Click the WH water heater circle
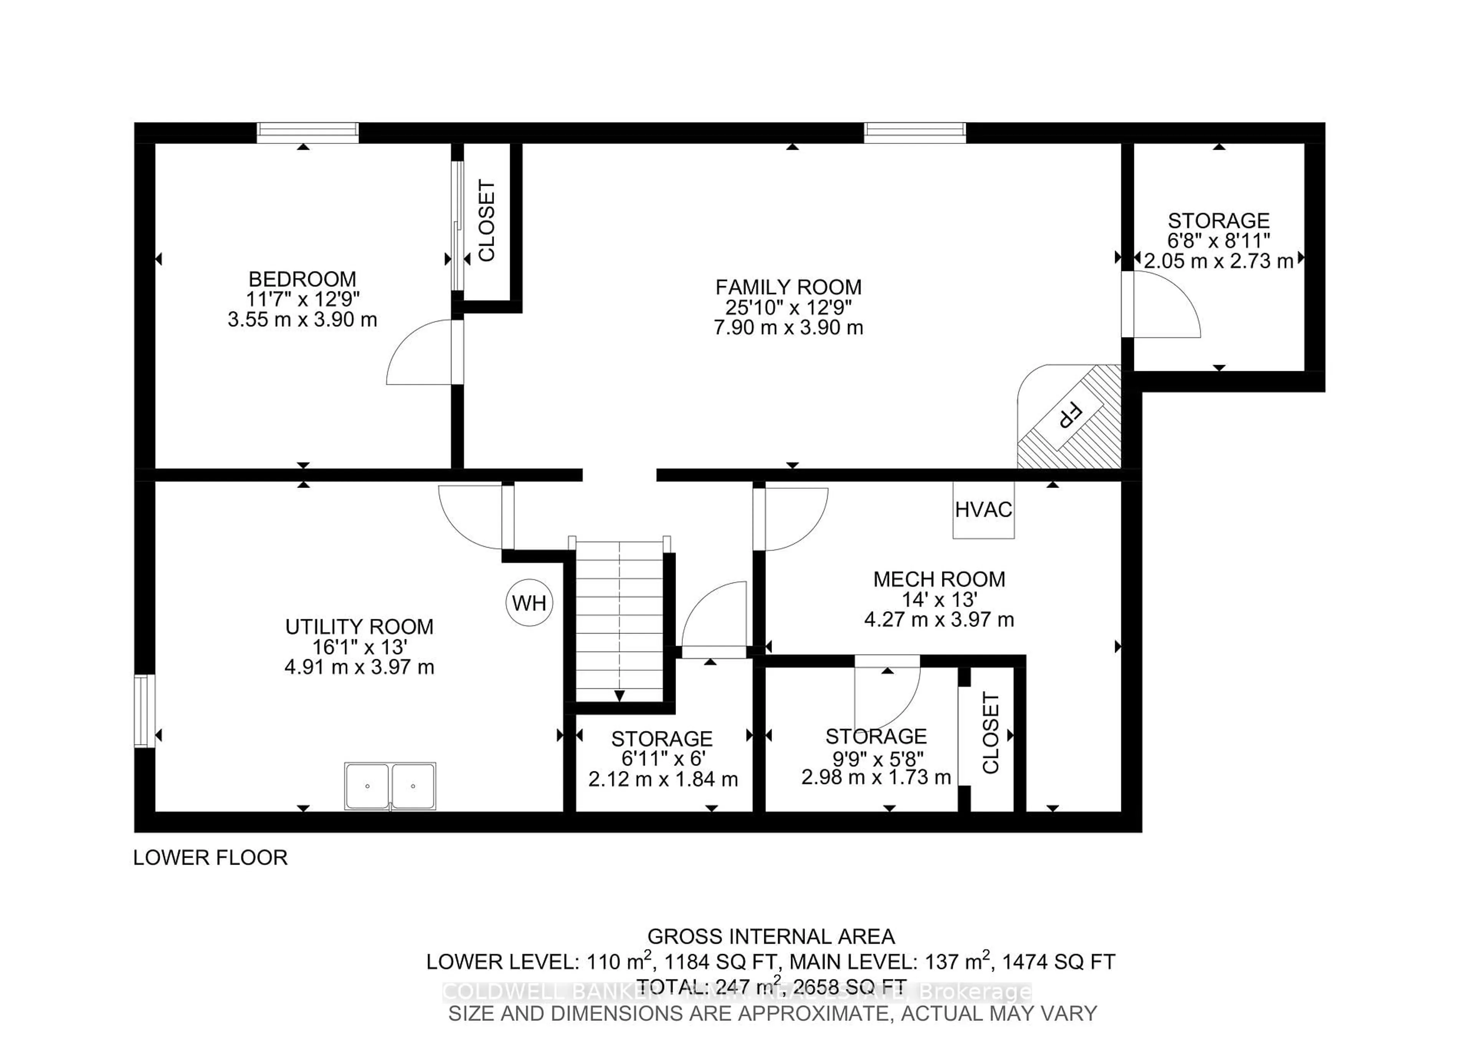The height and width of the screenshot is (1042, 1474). pos(529,603)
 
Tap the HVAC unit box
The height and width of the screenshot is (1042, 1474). pos(983,510)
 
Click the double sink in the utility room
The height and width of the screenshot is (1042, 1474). pos(390,786)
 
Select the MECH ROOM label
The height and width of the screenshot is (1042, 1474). pos(939,579)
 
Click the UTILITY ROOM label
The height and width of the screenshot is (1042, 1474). pos(359,627)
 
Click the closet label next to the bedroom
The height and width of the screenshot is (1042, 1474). pos(487,220)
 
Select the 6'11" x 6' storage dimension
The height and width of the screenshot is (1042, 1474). pos(663,758)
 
